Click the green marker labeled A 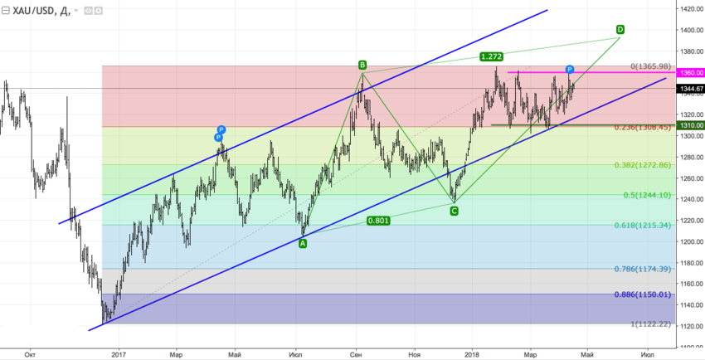tap(303, 243)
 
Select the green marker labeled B tap(362, 65)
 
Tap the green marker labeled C tap(454, 212)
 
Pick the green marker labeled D tap(620, 30)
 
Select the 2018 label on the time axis tap(470, 353)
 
